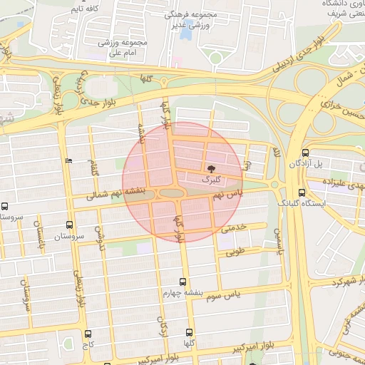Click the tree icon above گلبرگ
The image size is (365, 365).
pos(212,168)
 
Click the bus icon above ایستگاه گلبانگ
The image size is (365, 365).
pos(302,192)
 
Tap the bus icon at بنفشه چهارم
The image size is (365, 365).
pos(183,282)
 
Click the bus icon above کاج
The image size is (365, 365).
pos(88,334)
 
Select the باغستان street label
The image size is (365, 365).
pos(40,233)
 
